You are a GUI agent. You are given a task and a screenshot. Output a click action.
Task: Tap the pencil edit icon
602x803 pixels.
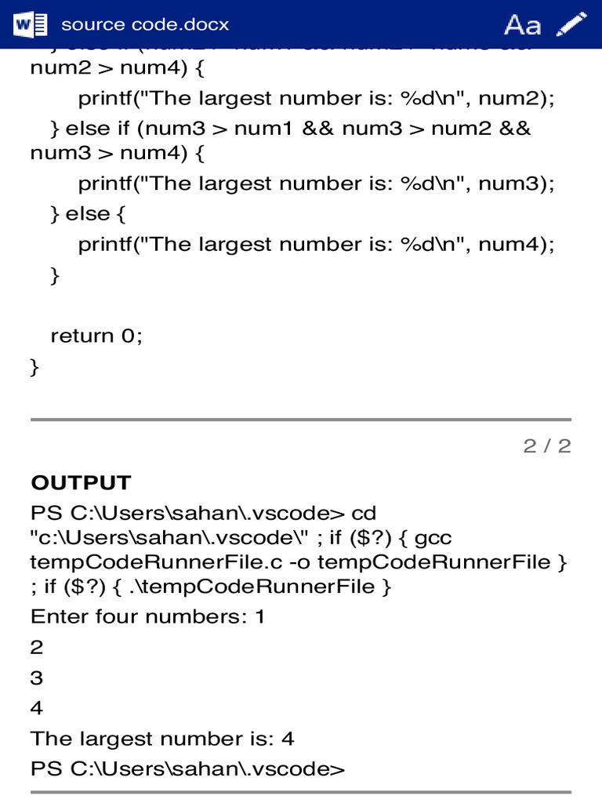[571, 24]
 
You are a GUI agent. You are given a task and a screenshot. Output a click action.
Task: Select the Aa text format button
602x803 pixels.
[522, 25]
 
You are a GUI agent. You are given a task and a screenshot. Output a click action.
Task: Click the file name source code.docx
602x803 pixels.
[145, 24]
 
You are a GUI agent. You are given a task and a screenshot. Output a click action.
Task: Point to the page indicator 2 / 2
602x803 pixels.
[547, 446]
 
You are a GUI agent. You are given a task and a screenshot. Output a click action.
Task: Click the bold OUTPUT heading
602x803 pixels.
[81, 482]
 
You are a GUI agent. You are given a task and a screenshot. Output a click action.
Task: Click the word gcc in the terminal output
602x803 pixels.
[433, 539]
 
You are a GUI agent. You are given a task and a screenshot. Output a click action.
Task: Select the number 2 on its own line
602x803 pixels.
[37, 648]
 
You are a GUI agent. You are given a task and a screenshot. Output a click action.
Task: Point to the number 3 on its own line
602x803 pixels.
[37, 678]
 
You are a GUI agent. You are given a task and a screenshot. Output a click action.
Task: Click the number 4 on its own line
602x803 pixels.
[37, 709]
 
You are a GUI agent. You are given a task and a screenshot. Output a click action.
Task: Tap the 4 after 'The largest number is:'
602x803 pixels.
[288, 739]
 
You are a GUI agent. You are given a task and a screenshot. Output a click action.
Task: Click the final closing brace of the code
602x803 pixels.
[34, 367]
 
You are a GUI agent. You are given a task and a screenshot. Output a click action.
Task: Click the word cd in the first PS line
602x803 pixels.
[364, 514]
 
